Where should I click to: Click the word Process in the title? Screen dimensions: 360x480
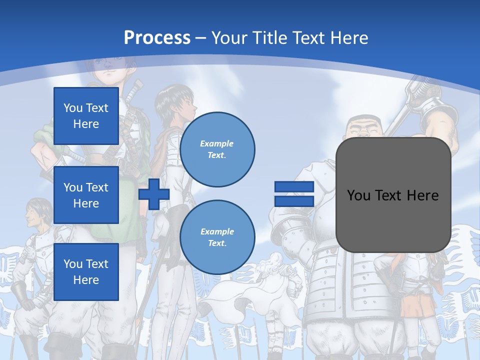coord(157,37)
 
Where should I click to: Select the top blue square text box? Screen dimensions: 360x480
coord(86,116)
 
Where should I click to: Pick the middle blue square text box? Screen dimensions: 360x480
coord(86,195)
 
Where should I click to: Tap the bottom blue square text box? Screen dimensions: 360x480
coord(86,271)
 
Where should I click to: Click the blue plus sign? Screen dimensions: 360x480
coord(153,194)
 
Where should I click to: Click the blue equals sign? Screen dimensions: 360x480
coord(294,194)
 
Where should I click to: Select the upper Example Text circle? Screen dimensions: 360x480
coord(217,149)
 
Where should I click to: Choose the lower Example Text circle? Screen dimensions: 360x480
coord(217,237)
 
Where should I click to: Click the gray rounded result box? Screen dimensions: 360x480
coord(393,195)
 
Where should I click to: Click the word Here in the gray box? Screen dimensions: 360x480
coord(422,195)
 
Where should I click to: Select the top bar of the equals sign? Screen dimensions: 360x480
coord(294,187)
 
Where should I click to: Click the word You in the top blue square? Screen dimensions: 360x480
coord(73,108)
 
